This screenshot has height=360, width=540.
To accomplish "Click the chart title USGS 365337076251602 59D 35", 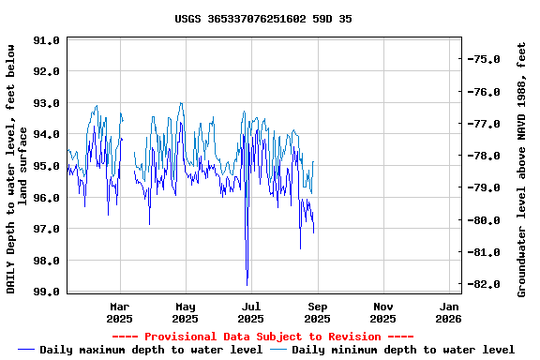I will (x=263, y=19).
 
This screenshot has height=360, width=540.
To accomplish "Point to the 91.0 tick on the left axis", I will (x=47, y=40).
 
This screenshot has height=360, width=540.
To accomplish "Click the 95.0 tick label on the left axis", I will (x=47, y=166).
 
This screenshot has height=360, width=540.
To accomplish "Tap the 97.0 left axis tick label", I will (x=47, y=230).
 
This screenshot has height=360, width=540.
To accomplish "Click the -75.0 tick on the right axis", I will (x=486, y=59).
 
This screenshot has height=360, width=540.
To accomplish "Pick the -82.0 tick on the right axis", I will (x=486, y=283).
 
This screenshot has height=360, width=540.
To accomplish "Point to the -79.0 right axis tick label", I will (x=486, y=187).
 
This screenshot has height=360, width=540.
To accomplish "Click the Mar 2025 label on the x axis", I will (x=120, y=312).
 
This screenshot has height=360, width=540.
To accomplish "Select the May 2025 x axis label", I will (x=186, y=312).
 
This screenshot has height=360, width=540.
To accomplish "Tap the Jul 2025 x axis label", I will (x=251, y=312).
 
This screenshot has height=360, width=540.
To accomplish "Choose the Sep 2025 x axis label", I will (x=318, y=312).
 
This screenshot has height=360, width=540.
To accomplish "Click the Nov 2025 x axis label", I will (x=383, y=312).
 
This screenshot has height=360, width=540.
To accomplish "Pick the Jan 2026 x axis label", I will (x=449, y=312).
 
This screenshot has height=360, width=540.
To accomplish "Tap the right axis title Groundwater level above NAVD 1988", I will (x=522, y=169).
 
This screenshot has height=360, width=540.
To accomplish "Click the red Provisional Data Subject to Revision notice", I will (x=263, y=337).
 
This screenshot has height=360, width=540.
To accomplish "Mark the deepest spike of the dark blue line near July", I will (x=247, y=284).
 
